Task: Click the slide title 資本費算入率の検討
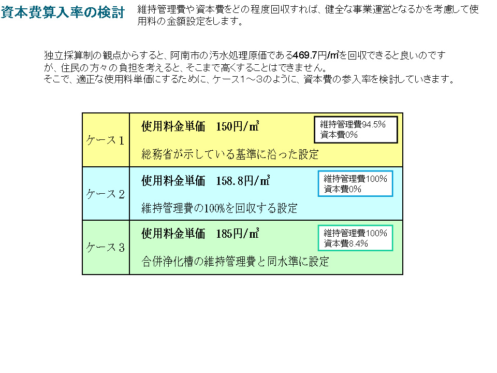[x=63, y=12]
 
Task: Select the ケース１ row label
[x=105, y=140]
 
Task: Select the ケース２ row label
[x=105, y=194]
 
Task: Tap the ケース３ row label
[x=105, y=248]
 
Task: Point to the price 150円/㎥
[x=238, y=126]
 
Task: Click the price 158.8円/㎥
[x=243, y=180]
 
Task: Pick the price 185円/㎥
[x=238, y=234]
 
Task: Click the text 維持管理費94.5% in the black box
[x=353, y=124]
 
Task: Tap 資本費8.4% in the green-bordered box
[x=346, y=243]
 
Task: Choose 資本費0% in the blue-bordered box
[x=343, y=189]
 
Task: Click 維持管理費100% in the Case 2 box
[x=355, y=179]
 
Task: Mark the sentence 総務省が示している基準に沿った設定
[x=230, y=154]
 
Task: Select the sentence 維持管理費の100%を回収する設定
[x=220, y=208]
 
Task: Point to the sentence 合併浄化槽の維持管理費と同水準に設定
[x=235, y=262]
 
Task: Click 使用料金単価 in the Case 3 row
[x=173, y=234]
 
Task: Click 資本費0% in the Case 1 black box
[x=339, y=135]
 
